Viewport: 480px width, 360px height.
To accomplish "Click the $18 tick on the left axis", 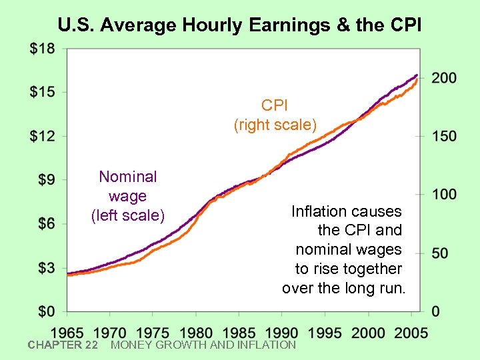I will pos(43,48).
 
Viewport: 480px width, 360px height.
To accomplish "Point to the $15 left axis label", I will pos(43,91).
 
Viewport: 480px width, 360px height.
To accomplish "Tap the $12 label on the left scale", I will pos(43,135).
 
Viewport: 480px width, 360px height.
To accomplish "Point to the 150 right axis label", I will pos(443,136).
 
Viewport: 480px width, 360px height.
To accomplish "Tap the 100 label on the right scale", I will pos(443,195).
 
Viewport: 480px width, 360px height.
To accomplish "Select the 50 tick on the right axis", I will pos(439,253).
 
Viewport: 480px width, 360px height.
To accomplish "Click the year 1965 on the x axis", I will pos(67,332).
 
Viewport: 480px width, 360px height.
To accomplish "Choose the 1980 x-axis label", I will pos(196,332).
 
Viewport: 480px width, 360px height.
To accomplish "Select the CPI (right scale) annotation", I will pos(275,115).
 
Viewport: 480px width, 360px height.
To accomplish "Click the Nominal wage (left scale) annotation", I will pos(127,196).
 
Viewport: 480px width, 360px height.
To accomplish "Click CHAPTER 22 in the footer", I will pos(63,345).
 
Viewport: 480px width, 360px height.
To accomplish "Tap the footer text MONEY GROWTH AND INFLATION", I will pos(203,345).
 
